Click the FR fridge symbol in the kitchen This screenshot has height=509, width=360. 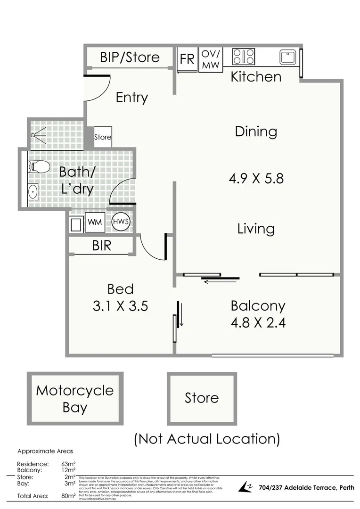[187, 59]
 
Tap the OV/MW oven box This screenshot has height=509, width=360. [210, 59]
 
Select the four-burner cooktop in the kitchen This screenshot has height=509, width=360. [244, 57]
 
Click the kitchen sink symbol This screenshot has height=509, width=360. [287, 57]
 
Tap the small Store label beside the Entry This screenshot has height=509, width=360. [103, 137]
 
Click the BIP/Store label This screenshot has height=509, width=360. [130, 57]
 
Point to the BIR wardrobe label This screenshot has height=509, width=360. [102, 245]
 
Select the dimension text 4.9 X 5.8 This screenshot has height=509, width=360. [256, 179]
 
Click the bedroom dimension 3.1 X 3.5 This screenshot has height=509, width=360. [121, 306]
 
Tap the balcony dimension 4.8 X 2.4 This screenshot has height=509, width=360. [258, 322]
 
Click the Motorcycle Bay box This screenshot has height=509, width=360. [75, 398]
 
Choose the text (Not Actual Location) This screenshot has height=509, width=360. [207, 439]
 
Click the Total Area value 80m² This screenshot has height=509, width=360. [68, 496]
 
